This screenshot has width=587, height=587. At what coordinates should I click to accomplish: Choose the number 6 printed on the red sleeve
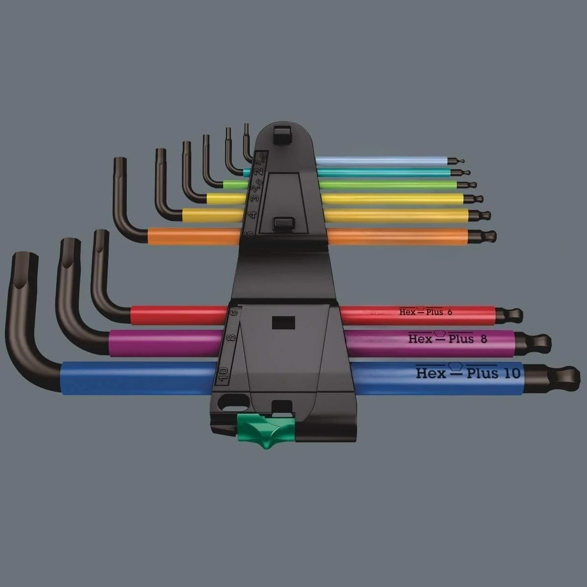(456, 312)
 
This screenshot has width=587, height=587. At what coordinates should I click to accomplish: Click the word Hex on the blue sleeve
(431, 373)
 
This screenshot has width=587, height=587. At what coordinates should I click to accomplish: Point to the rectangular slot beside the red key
(280, 324)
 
